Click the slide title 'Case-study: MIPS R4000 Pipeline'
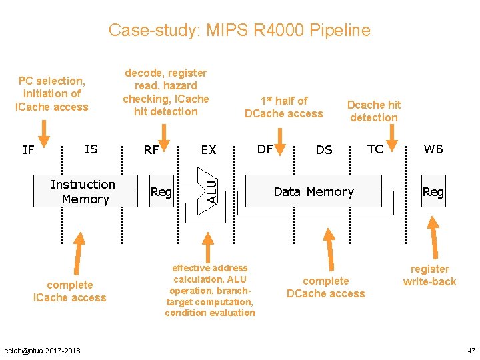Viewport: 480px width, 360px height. pyautogui.click(x=239, y=30)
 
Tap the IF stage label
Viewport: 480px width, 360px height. pyautogui.click(x=28, y=150)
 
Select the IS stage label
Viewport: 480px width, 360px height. pyautogui.click(x=91, y=149)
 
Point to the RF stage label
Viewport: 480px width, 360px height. pyautogui.click(x=151, y=150)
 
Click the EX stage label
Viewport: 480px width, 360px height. pyautogui.click(x=209, y=150)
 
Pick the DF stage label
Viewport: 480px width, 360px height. pyautogui.click(x=265, y=149)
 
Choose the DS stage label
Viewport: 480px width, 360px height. pyautogui.click(x=324, y=150)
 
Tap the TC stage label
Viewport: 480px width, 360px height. pyautogui.click(x=375, y=149)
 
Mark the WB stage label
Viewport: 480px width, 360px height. pyautogui.click(x=433, y=149)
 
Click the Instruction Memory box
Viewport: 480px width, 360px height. pyautogui.click(x=83, y=191)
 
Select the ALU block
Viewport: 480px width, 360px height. pyautogui.click(x=209, y=189)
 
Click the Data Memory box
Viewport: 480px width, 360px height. pyautogui.click(x=313, y=191)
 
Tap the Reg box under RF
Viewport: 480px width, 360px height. pyautogui.click(x=161, y=192)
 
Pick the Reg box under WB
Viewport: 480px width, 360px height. pyautogui.click(x=433, y=192)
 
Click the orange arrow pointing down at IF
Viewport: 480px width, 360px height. pyautogui.click(x=44, y=132)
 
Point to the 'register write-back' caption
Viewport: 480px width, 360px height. pyautogui.click(x=429, y=275)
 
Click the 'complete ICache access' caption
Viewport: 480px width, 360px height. pyautogui.click(x=69, y=291)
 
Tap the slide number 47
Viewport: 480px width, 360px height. pyautogui.click(x=470, y=350)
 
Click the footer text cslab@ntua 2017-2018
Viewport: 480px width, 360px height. pyautogui.click(x=42, y=351)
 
